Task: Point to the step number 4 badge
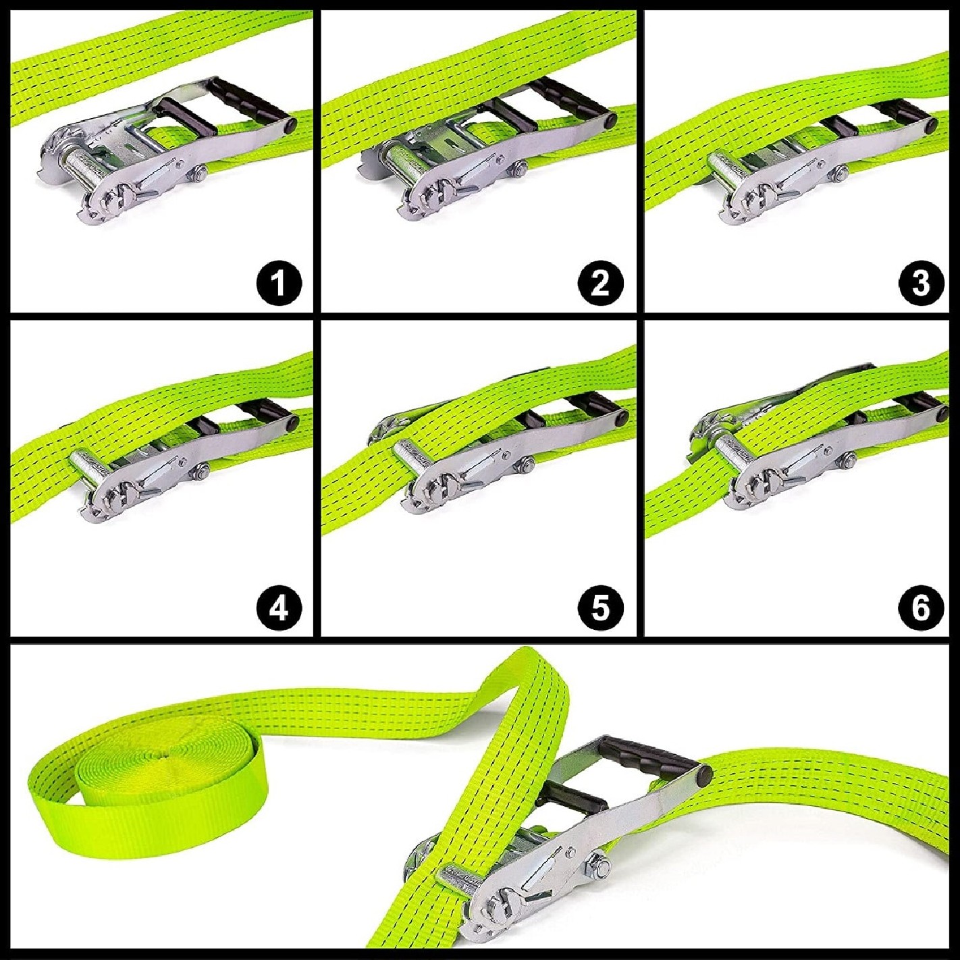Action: (279, 607)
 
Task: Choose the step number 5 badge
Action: (600, 607)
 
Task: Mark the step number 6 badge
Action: (921, 607)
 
